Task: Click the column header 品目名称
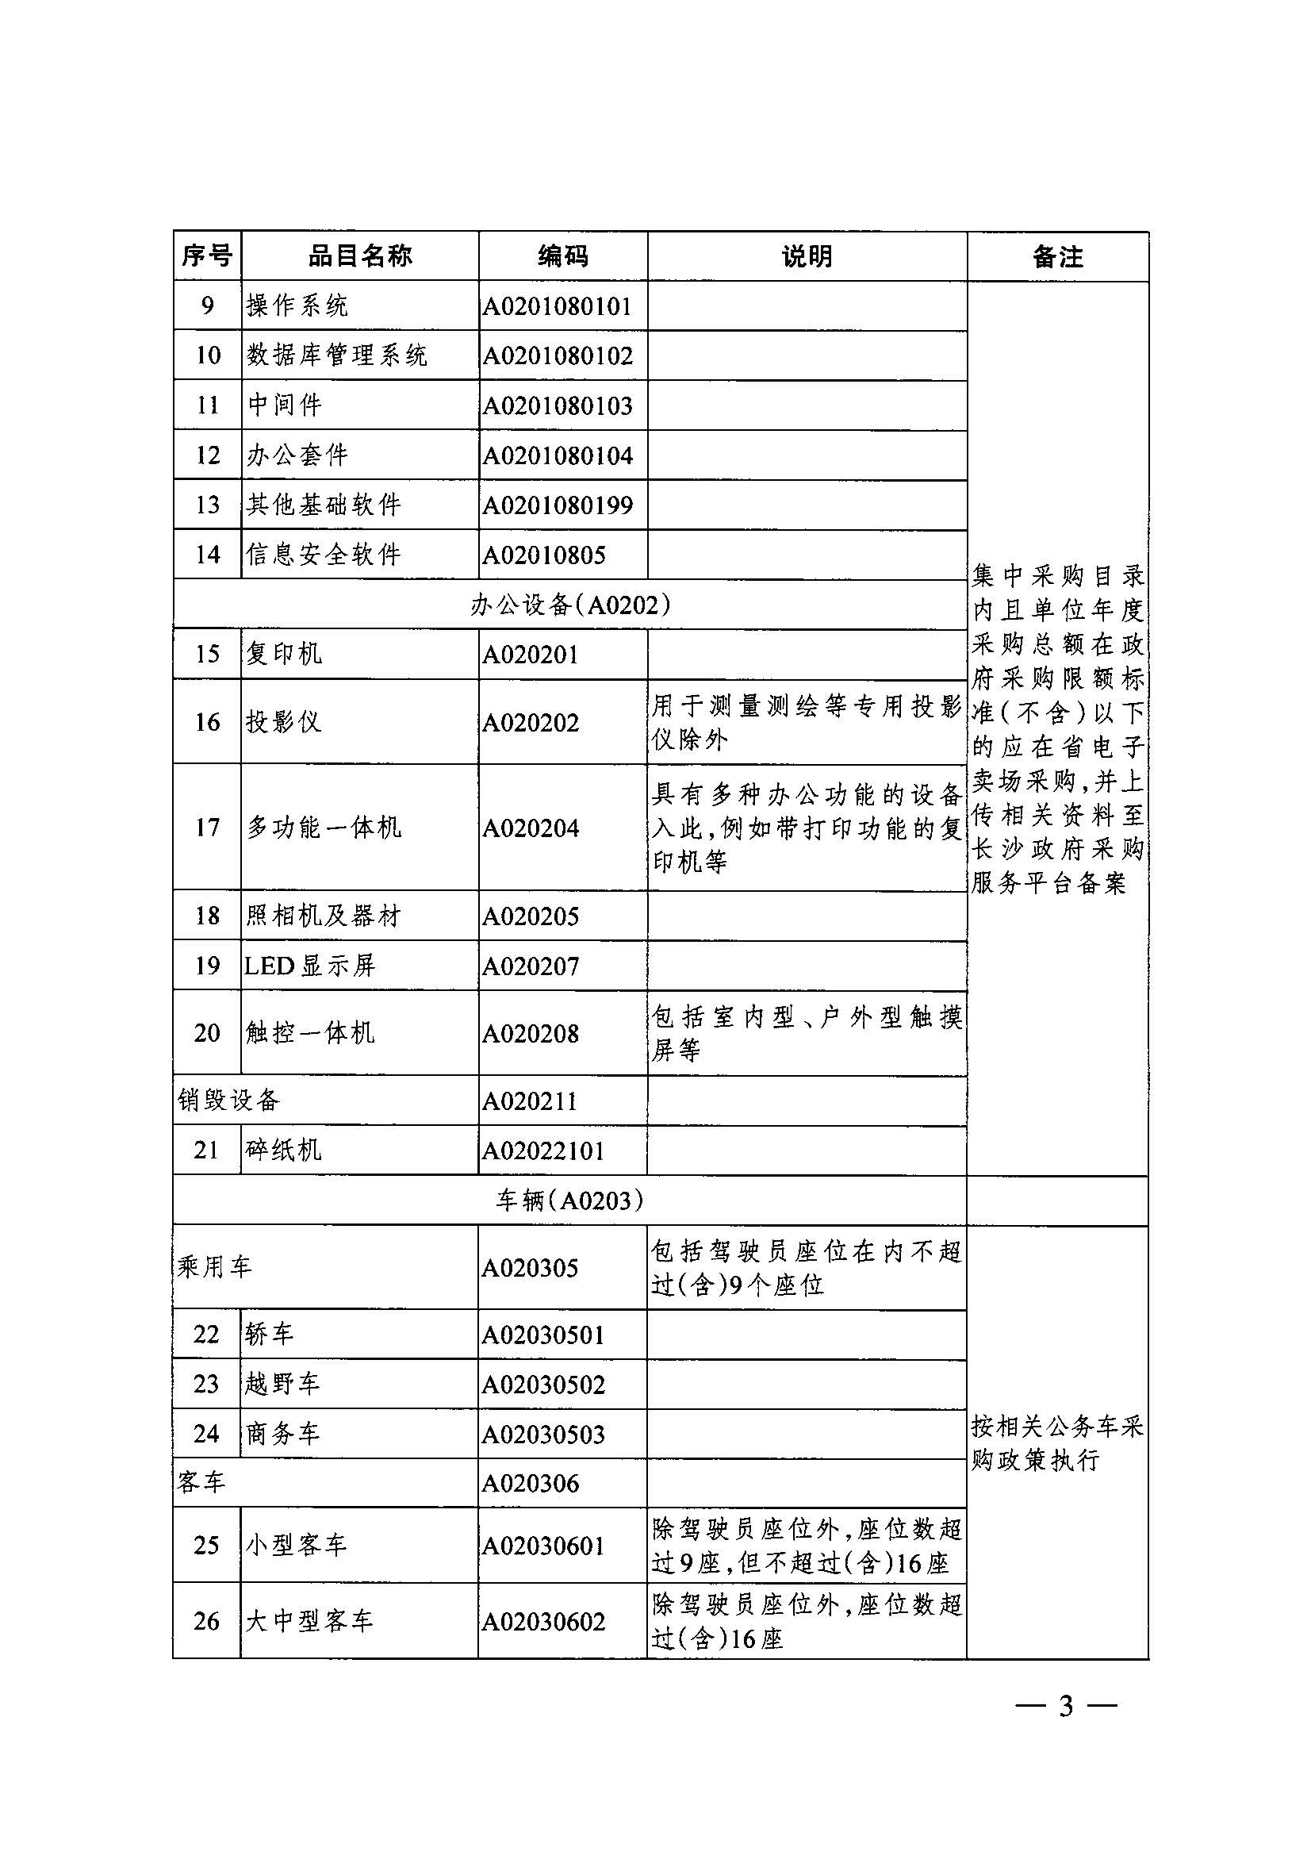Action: (359, 256)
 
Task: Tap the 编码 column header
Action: (562, 256)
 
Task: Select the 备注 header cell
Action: (1057, 257)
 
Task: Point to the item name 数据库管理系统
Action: (337, 355)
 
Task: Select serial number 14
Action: (208, 555)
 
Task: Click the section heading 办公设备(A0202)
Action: (569, 605)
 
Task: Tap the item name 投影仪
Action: (284, 721)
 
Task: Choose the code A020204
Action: (531, 828)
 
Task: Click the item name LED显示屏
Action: (310, 966)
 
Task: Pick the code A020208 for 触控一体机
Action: (531, 1034)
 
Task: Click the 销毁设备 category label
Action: (228, 1101)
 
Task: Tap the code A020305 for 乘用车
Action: (531, 1268)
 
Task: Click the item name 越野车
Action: (283, 1384)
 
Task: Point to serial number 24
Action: (206, 1434)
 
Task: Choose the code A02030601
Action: (543, 1546)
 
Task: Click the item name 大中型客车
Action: (309, 1621)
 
